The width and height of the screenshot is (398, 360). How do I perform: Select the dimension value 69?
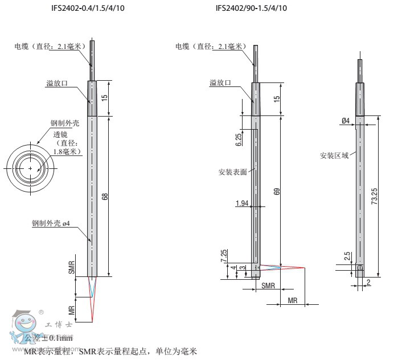[277, 192]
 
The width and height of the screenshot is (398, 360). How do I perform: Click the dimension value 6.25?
[239, 139]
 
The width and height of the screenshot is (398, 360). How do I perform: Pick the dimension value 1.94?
[242, 203]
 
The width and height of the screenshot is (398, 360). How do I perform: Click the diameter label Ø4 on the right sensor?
[346, 121]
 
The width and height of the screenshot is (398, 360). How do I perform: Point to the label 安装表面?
[232, 171]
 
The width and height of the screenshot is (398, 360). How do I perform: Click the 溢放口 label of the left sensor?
[57, 84]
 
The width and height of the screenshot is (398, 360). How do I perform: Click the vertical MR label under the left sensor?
[72, 311]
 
